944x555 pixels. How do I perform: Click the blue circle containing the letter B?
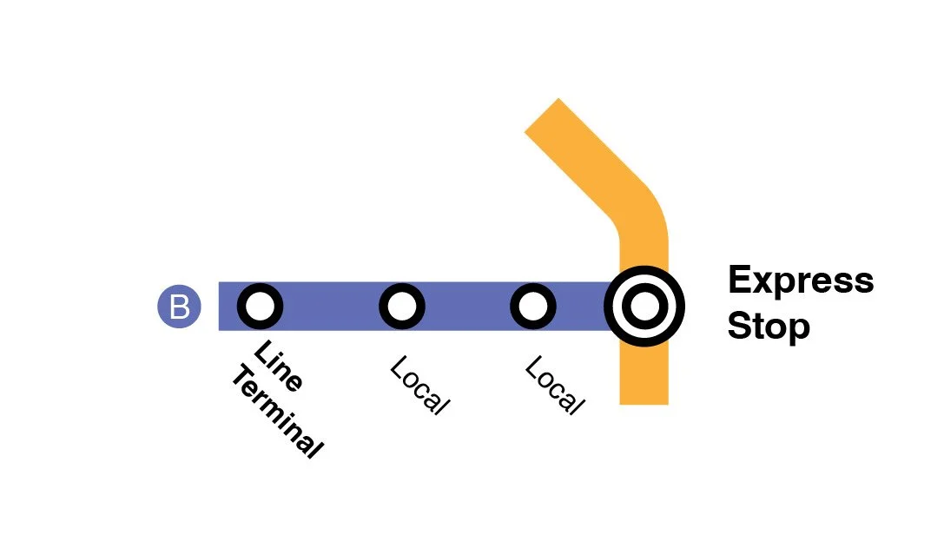click(x=179, y=307)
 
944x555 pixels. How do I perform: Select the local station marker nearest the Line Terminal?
click(x=401, y=307)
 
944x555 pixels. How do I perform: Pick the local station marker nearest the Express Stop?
click(x=532, y=307)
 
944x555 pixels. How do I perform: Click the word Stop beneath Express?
click(x=768, y=327)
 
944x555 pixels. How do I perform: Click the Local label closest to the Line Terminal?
click(x=420, y=386)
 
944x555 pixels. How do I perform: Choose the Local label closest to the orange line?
click(x=553, y=386)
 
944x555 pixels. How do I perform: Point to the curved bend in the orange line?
click(x=638, y=213)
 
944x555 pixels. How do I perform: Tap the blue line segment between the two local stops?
click(x=467, y=307)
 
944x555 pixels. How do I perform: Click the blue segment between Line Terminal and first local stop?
click(x=331, y=307)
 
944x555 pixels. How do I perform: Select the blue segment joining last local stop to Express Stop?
click(x=579, y=307)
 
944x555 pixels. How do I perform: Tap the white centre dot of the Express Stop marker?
click(x=644, y=307)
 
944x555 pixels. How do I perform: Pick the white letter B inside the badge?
click(x=179, y=307)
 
